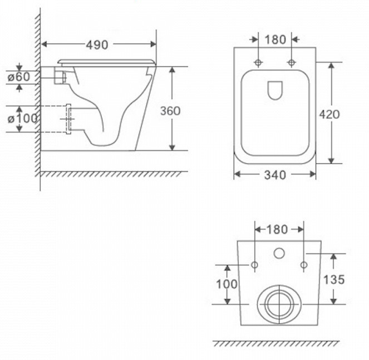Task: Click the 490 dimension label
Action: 97,45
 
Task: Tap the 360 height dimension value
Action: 170,111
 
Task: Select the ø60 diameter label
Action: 19,77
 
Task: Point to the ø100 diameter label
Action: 23,119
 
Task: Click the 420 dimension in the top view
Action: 329,114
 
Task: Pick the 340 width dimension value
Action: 275,175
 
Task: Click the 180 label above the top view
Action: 275,40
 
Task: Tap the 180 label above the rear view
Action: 277,230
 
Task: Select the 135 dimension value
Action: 334,280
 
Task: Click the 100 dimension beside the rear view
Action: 227,284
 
